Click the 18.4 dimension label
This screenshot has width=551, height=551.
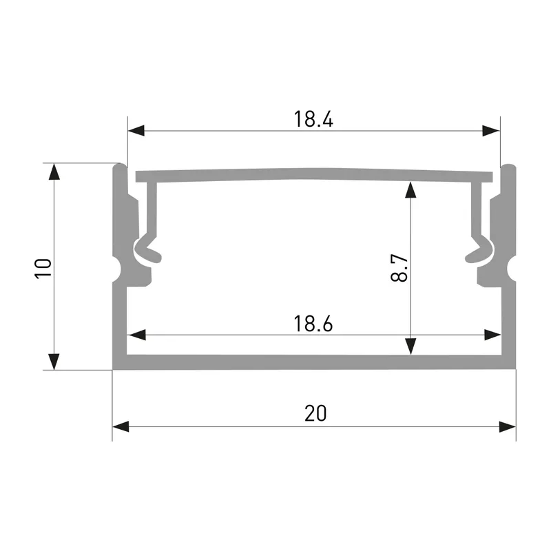313,118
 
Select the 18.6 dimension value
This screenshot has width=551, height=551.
313,324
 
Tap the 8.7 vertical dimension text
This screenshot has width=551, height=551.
399,268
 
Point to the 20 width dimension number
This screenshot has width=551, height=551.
315,413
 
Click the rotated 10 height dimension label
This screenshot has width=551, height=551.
43,269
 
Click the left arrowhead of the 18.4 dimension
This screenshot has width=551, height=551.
136,130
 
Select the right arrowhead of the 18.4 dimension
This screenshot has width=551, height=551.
491,130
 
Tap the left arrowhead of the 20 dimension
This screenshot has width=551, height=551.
121,426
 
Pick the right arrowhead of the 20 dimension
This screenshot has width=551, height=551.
508,426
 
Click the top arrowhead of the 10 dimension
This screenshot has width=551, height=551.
54,171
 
